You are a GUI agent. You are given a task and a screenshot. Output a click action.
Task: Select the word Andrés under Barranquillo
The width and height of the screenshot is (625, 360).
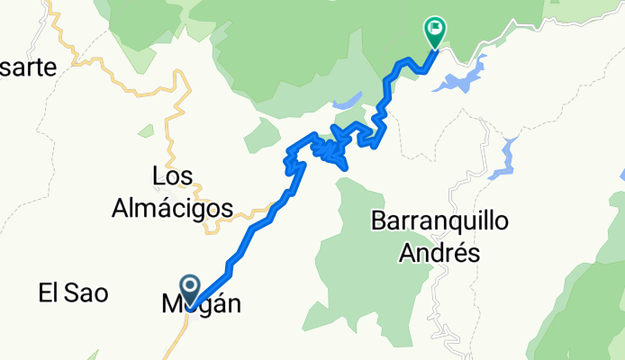point(438,253)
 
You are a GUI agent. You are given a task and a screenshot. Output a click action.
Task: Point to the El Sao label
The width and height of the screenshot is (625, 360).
point(73,292)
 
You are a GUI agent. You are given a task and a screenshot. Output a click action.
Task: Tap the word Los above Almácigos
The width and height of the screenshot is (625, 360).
point(173,175)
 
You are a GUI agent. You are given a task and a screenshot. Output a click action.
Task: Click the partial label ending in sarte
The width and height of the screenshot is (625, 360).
point(29,67)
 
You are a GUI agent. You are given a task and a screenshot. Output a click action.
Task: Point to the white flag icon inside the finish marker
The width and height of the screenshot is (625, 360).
point(436,29)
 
